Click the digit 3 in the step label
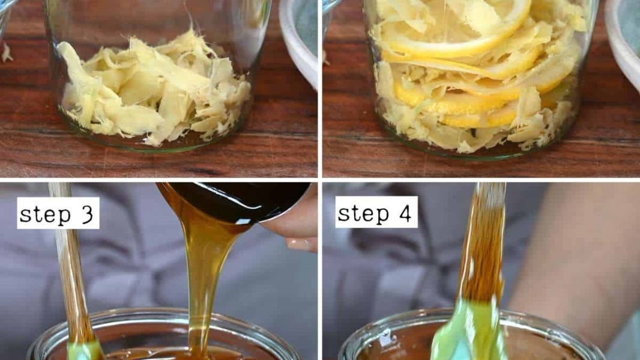(87, 213)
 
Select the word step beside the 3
(45, 214)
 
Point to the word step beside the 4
(363, 213)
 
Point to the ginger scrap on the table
(7, 53)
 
